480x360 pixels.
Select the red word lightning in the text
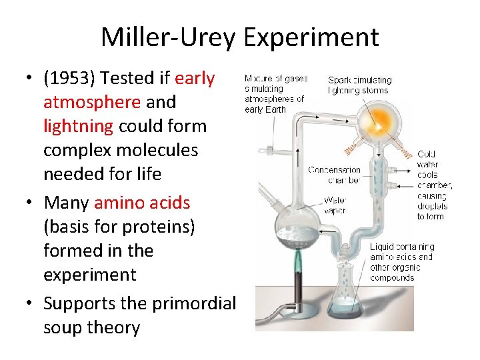(x=78, y=126)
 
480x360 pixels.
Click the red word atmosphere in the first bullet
(x=91, y=102)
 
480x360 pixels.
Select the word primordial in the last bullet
(x=194, y=303)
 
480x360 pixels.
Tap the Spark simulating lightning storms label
(x=360, y=85)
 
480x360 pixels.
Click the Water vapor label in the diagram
(x=335, y=205)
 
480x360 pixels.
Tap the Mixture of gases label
(x=275, y=93)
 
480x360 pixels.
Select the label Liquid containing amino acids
(x=402, y=262)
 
